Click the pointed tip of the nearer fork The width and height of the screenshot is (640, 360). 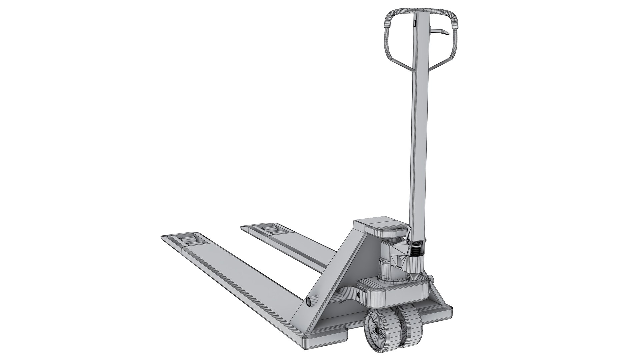[163, 237]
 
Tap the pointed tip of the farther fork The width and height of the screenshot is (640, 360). [243, 227]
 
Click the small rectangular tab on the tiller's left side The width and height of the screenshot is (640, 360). [414, 23]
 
